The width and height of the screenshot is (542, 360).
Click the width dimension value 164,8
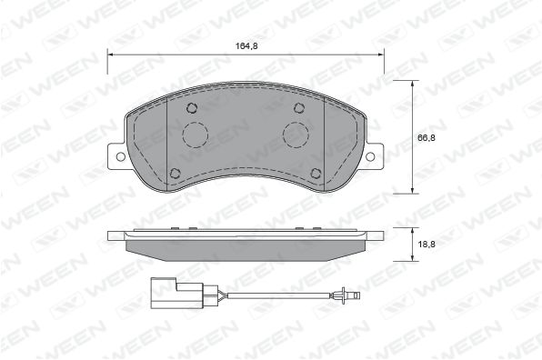point(246,46)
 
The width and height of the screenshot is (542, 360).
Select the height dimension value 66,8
point(427,137)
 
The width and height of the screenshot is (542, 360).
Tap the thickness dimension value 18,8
point(427,245)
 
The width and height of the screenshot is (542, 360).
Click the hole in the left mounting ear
point(120,156)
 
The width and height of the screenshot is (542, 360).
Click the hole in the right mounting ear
point(370,156)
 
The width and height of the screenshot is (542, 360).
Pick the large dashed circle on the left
point(196,135)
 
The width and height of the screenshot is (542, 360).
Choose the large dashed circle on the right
point(296,135)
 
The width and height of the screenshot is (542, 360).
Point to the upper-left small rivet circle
point(192,108)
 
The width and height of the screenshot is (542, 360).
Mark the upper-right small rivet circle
point(299,108)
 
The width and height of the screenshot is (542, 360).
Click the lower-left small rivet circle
point(176,173)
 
